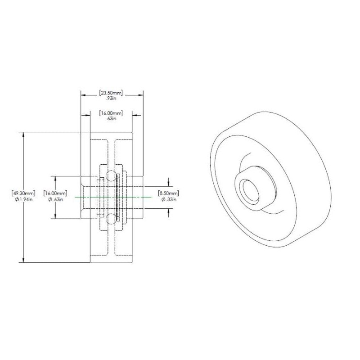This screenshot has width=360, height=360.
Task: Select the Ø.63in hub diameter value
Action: click(55, 199)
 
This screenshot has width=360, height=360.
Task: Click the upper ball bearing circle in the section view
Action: click(111, 175)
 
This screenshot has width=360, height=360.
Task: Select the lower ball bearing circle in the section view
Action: click(111, 219)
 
